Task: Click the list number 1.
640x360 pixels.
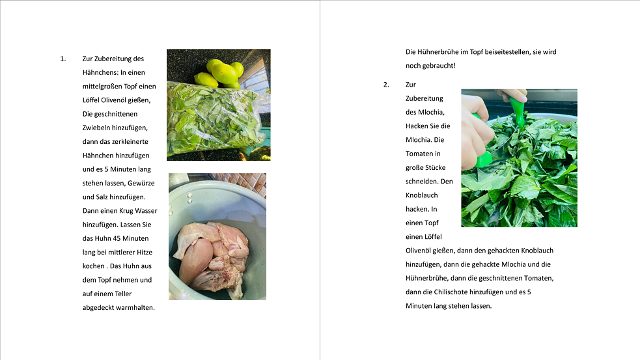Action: click(x=63, y=59)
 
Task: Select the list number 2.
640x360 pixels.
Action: click(x=386, y=85)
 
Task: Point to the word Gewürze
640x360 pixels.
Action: click(x=141, y=183)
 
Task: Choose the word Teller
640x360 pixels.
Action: click(x=123, y=294)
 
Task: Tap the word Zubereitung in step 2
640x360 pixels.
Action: click(x=424, y=99)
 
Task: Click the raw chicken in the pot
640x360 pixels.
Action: click(x=212, y=254)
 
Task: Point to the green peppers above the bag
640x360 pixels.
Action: click(x=219, y=73)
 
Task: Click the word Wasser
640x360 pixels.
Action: click(x=146, y=211)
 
